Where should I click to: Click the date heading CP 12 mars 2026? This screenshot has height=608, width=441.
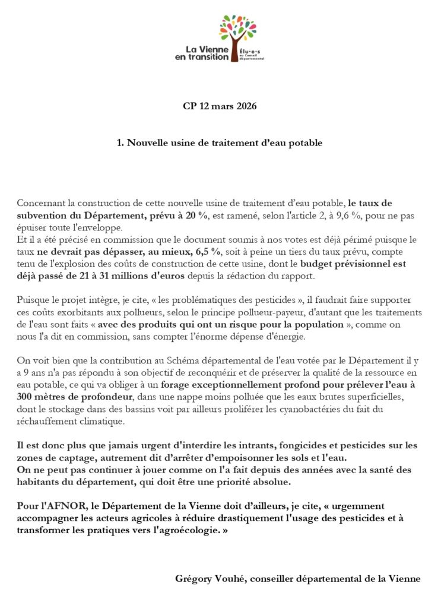click(220, 107)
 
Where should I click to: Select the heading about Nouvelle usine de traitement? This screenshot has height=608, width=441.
click(220, 142)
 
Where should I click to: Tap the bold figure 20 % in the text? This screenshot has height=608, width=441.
click(194, 215)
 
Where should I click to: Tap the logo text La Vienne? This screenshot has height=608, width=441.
click(203, 49)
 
